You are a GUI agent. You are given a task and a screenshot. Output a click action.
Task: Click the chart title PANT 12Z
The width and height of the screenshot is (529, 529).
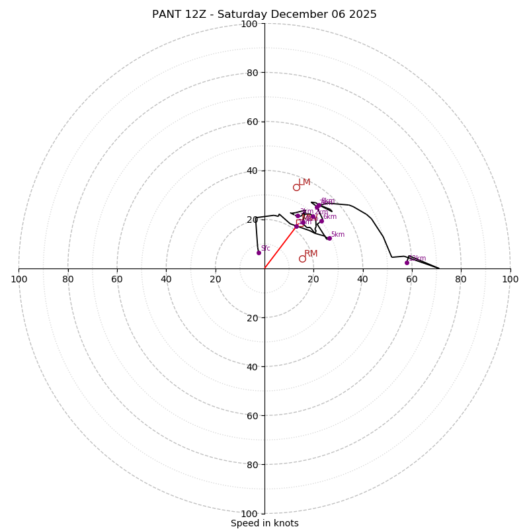[264, 15]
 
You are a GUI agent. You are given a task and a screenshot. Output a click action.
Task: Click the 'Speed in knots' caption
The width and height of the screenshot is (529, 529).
[264, 523]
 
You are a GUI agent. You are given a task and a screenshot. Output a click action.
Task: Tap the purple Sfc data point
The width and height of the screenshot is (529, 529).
[259, 253]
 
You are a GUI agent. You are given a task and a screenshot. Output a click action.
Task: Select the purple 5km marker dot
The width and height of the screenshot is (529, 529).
[329, 238]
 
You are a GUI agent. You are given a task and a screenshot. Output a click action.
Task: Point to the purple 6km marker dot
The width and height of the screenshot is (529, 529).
[322, 221]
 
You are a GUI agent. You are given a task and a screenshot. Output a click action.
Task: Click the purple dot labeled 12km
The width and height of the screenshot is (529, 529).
[407, 263]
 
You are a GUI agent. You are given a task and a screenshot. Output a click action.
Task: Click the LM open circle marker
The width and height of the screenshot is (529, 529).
[296, 187]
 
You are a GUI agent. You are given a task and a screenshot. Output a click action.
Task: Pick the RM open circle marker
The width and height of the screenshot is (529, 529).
[302, 259]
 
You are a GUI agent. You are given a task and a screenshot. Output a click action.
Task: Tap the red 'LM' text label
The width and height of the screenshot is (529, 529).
[304, 183]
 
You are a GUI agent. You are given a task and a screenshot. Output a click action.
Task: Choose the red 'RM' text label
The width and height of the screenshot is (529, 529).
[311, 254]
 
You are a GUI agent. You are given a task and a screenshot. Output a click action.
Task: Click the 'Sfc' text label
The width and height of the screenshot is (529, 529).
[265, 249]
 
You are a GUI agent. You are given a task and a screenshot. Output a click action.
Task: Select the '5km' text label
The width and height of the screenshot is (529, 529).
[337, 235]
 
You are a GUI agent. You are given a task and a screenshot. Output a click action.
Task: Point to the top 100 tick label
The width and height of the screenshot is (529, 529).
[249, 24]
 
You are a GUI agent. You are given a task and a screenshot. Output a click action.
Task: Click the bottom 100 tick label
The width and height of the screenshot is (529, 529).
[249, 513]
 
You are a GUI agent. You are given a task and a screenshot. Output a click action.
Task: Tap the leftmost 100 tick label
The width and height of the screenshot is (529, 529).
[19, 279]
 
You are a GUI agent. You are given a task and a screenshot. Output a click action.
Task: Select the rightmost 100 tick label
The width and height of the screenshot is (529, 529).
[510, 279]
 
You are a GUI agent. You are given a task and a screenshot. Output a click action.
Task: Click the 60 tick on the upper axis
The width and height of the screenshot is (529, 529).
[253, 122]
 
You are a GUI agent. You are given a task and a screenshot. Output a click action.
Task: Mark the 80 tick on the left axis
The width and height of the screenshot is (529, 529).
[68, 279]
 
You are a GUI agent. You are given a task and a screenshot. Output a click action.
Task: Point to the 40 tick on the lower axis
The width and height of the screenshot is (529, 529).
[253, 366]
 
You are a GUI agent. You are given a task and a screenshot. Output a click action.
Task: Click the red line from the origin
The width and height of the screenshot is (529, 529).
[280, 247]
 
